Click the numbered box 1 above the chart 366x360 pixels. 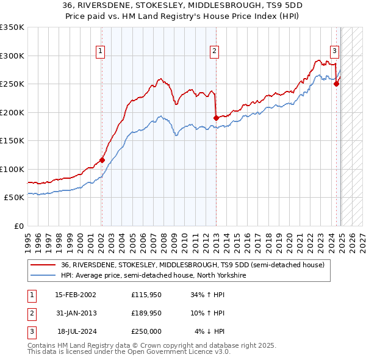tap(99, 52)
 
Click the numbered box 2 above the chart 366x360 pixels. tap(215, 52)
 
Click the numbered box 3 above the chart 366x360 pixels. tap(335, 52)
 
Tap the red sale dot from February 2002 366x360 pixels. tap(102, 160)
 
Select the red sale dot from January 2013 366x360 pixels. tap(216, 117)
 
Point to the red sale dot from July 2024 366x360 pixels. tap(336, 84)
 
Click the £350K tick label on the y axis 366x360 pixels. tap(12, 27)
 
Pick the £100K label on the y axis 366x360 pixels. tap(12, 169)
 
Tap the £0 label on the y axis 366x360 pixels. tap(18, 226)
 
